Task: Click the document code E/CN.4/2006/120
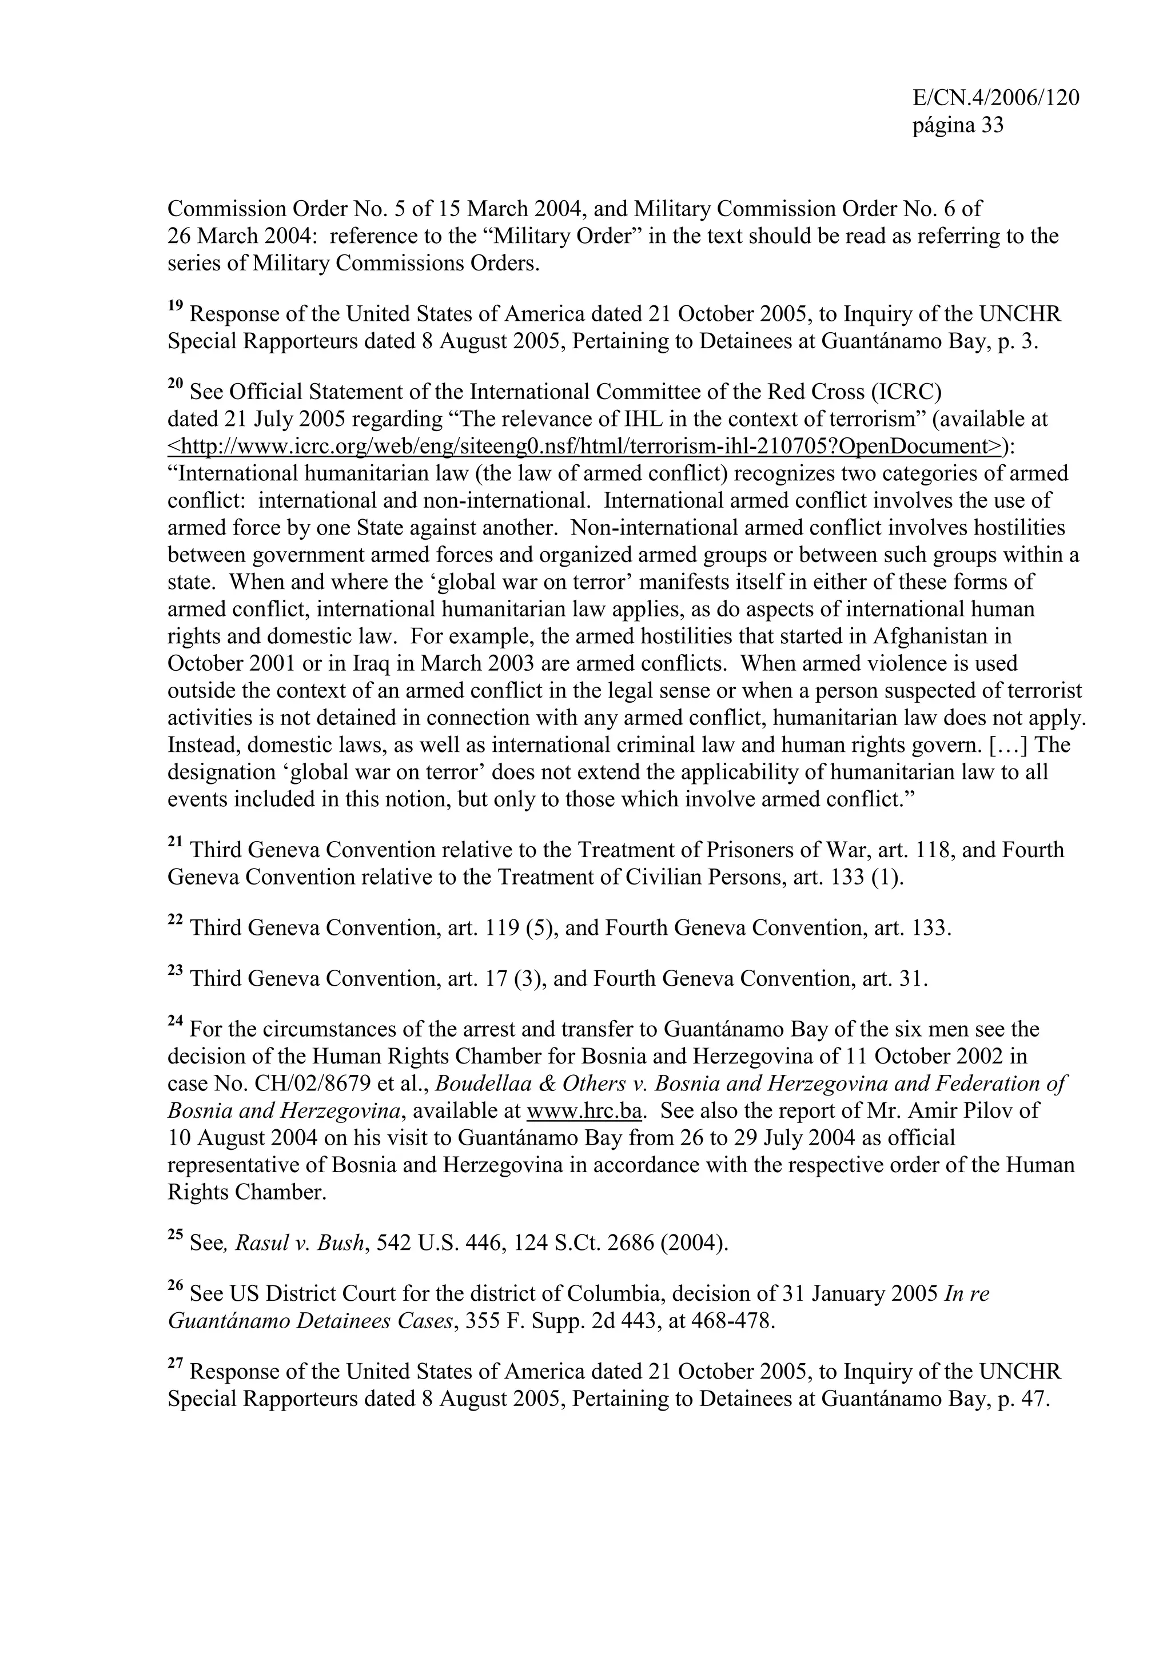(x=995, y=98)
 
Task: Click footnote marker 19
(x=176, y=305)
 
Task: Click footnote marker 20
(x=176, y=383)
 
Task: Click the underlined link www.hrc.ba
(x=584, y=1110)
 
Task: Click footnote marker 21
(x=176, y=842)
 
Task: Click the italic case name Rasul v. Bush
(x=300, y=1244)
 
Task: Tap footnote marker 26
(x=176, y=1285)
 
